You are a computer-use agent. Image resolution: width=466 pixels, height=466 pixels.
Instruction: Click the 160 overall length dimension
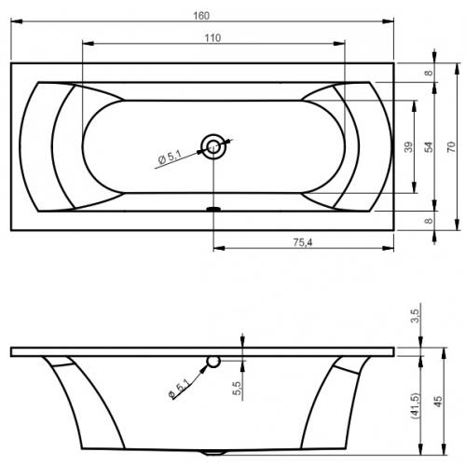(x=201, y=16)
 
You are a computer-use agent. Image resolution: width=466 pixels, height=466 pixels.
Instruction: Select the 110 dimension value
(x=212, y=38)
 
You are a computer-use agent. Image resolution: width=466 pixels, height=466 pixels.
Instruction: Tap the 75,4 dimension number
(x=303, y=242)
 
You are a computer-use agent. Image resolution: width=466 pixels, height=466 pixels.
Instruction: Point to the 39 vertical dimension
(x=409, y=146)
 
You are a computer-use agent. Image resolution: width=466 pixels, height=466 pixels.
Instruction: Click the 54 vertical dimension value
(x=429, y=146)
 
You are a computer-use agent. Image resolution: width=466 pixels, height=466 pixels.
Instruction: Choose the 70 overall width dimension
(x=451, y=146)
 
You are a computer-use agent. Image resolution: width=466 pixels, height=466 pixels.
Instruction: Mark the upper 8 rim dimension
(x=429, y=73)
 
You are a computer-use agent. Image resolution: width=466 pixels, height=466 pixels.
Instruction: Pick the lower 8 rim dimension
(x=429, y=221)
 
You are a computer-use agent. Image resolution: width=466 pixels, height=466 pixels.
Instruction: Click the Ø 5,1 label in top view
(x=170, y=157)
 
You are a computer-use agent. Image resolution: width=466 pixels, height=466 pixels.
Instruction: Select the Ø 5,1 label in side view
(x=179, y=389)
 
